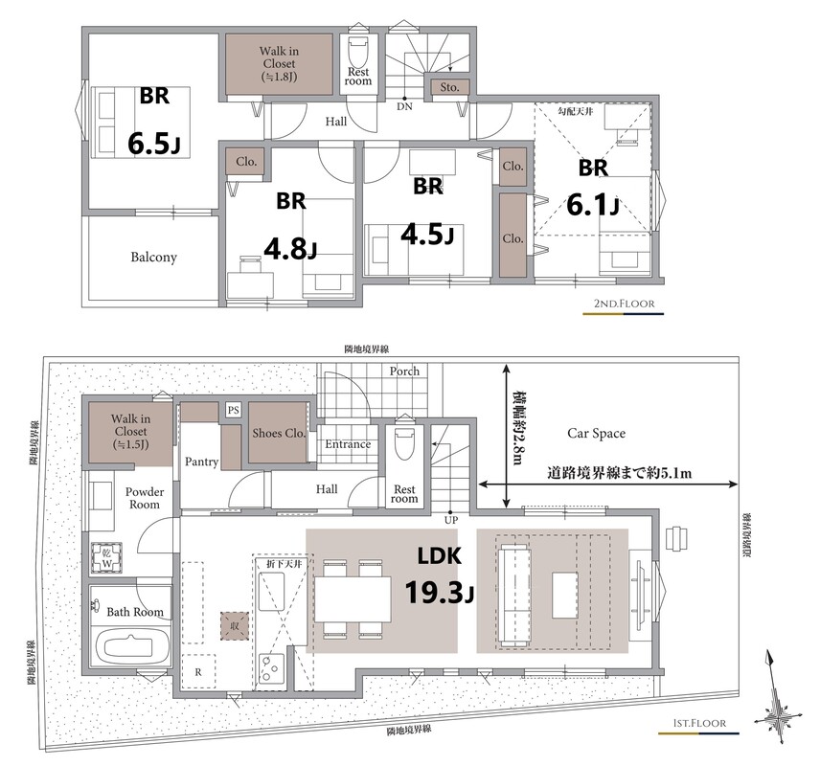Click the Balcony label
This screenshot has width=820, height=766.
pyautogui.click(x=153, y=258)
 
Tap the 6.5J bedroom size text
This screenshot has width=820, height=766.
pyautogui.click(x=154, y=144)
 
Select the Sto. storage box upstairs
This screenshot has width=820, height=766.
pyautogui.click(x=449, y=87)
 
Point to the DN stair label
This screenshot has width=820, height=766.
pyautogui.click(x=404, y=106)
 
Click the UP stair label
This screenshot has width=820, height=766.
pyautogui.click(x=451, y=520)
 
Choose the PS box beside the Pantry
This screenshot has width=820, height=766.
pyautogui.click(x=233, y=410)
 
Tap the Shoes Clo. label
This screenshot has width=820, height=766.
pyautogui.click(x=279, y=433)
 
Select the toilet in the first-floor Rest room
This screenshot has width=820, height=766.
pyautogui.click(x=404, y=443)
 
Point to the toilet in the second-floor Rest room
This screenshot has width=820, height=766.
pyautogui.click(x=358, y=52)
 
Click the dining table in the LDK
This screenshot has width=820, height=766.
pyautogui.click(x=353, y=599)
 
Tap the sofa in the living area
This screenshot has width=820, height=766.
pyautogui.click(x=514, y=596)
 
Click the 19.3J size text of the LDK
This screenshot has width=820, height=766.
pyautogui.click(x=440, y=593)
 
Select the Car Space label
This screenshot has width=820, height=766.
pyautogui.click(x=596, y=434)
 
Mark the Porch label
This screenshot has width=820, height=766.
pyautogui.click(x=404, y=372)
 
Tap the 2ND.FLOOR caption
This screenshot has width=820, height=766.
pyautogui.click(x=624, y=304)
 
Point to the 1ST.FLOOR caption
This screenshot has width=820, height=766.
pyautogui.click(x=699, y=723)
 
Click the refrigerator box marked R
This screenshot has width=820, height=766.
pyautogui.click(x=198, y=672)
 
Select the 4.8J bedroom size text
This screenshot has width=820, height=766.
pyautogui.click(x=291, y=248)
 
